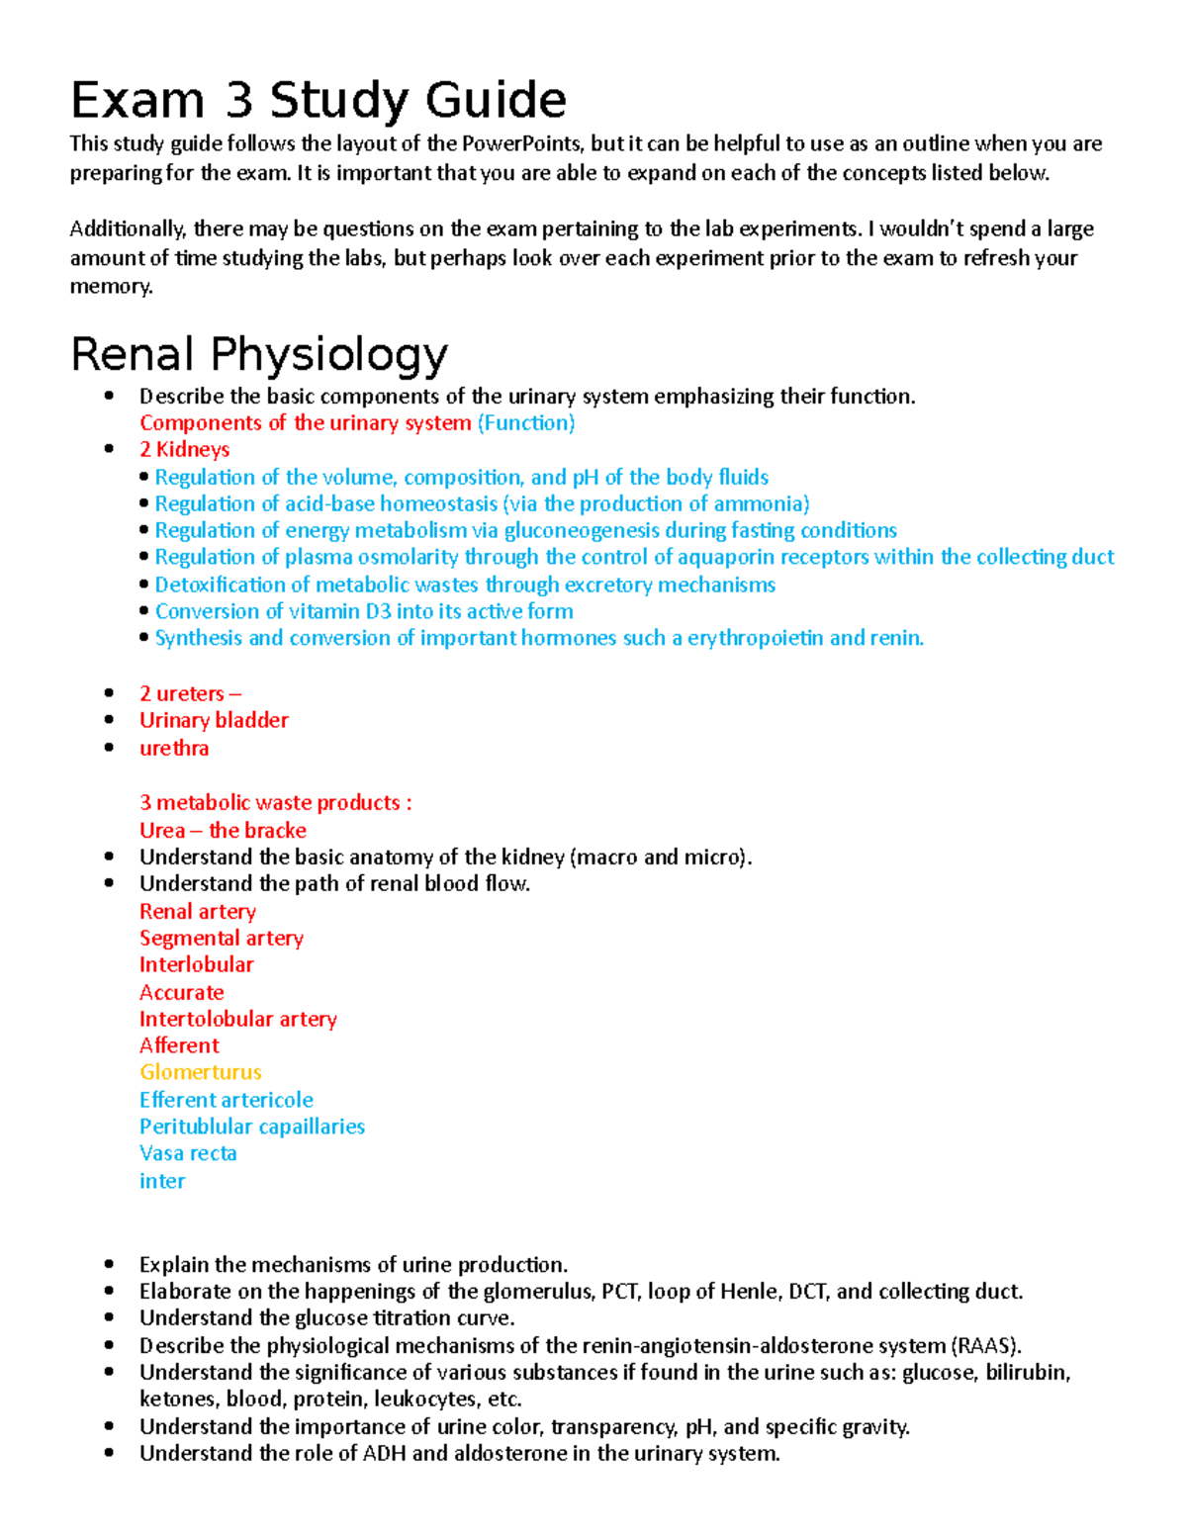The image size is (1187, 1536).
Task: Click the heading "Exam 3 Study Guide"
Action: point(318,100)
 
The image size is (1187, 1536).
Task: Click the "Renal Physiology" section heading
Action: point(259,354)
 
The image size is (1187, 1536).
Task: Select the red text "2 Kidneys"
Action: point(185,449)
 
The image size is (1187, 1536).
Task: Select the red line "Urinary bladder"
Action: point(214,720)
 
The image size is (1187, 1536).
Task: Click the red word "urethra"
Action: point(174,748)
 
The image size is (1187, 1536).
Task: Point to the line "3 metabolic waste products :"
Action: point(275,802)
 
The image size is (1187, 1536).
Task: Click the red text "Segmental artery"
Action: point(222,938)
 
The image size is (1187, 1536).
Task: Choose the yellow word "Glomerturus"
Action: point(201,1072)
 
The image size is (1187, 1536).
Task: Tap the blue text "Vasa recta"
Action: point(188,1153)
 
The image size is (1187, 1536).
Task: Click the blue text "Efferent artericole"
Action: point(227,1100)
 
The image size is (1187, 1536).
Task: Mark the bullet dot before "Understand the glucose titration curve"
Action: point(110,1317)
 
